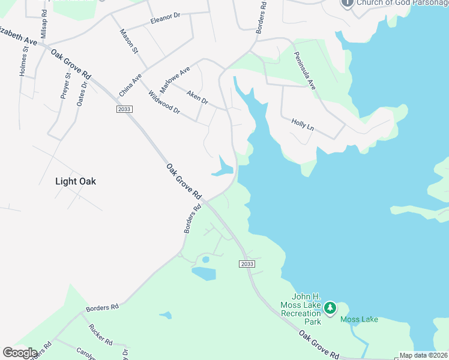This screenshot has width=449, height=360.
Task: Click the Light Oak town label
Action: (x=76, y=181)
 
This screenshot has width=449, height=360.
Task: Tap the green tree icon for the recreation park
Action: (x=330, y=308)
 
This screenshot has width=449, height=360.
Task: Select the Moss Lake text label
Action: (x=359, y=319)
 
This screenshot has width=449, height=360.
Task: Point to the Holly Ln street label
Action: (x=303, y=124)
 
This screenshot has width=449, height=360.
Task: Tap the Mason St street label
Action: (x=129, y=41)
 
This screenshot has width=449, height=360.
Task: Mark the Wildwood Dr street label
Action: (x=163, y=102)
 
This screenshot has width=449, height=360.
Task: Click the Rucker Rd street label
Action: (x=100, y=334)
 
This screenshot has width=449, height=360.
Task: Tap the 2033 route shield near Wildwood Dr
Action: (x=124, y=109)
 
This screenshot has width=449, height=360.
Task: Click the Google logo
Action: (x=20, y=353)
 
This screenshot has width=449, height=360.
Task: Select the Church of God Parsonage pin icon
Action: (x=347, y=3)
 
